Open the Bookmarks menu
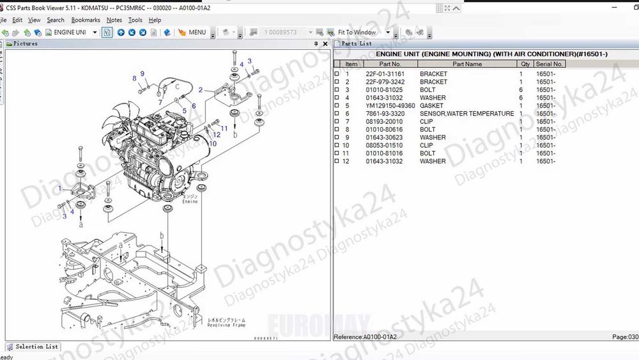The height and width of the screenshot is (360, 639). pos(86,20)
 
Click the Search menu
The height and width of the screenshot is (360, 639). pos(56,20)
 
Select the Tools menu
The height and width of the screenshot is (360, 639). pos(135,20)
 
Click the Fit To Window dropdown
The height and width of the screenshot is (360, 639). pos(360,32)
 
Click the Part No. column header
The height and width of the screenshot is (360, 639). pos(390,64)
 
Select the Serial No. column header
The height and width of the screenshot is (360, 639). pos(549,64)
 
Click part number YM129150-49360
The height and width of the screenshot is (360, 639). pos(390,106)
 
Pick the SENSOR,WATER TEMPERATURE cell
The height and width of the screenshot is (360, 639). pos(466,114)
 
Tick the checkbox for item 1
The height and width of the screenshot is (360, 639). pos(337,74)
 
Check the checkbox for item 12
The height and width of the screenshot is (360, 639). pos(337,162)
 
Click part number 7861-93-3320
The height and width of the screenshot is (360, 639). pos(385,114)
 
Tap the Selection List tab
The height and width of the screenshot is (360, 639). pos(36,347)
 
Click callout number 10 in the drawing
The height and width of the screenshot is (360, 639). pos(213,144)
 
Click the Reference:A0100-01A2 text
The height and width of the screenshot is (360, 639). pos(366,337)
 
